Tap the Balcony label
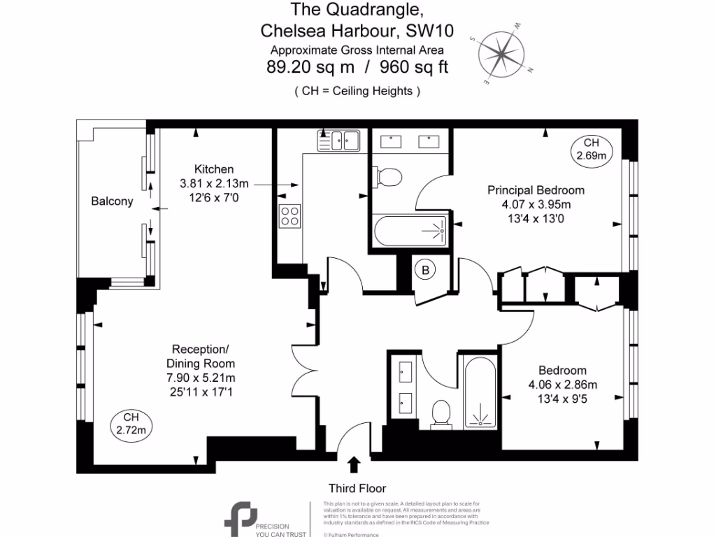[x=112, y=201]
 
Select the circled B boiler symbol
[x=424, y=270]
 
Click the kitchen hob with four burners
[x=290, y=217]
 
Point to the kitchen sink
[x=338, y=140]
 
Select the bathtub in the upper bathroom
[x=410, y=230]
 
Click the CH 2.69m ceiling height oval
[x=591, y=150]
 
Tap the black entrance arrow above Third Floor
[x=355, y=465]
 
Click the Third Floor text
[x=357, y=488]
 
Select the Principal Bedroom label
[x=536, y=190]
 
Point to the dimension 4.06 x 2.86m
[x=562, y=385]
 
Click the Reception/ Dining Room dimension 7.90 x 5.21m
[x=200, y=378]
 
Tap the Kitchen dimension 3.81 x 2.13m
[x=214, y=183]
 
